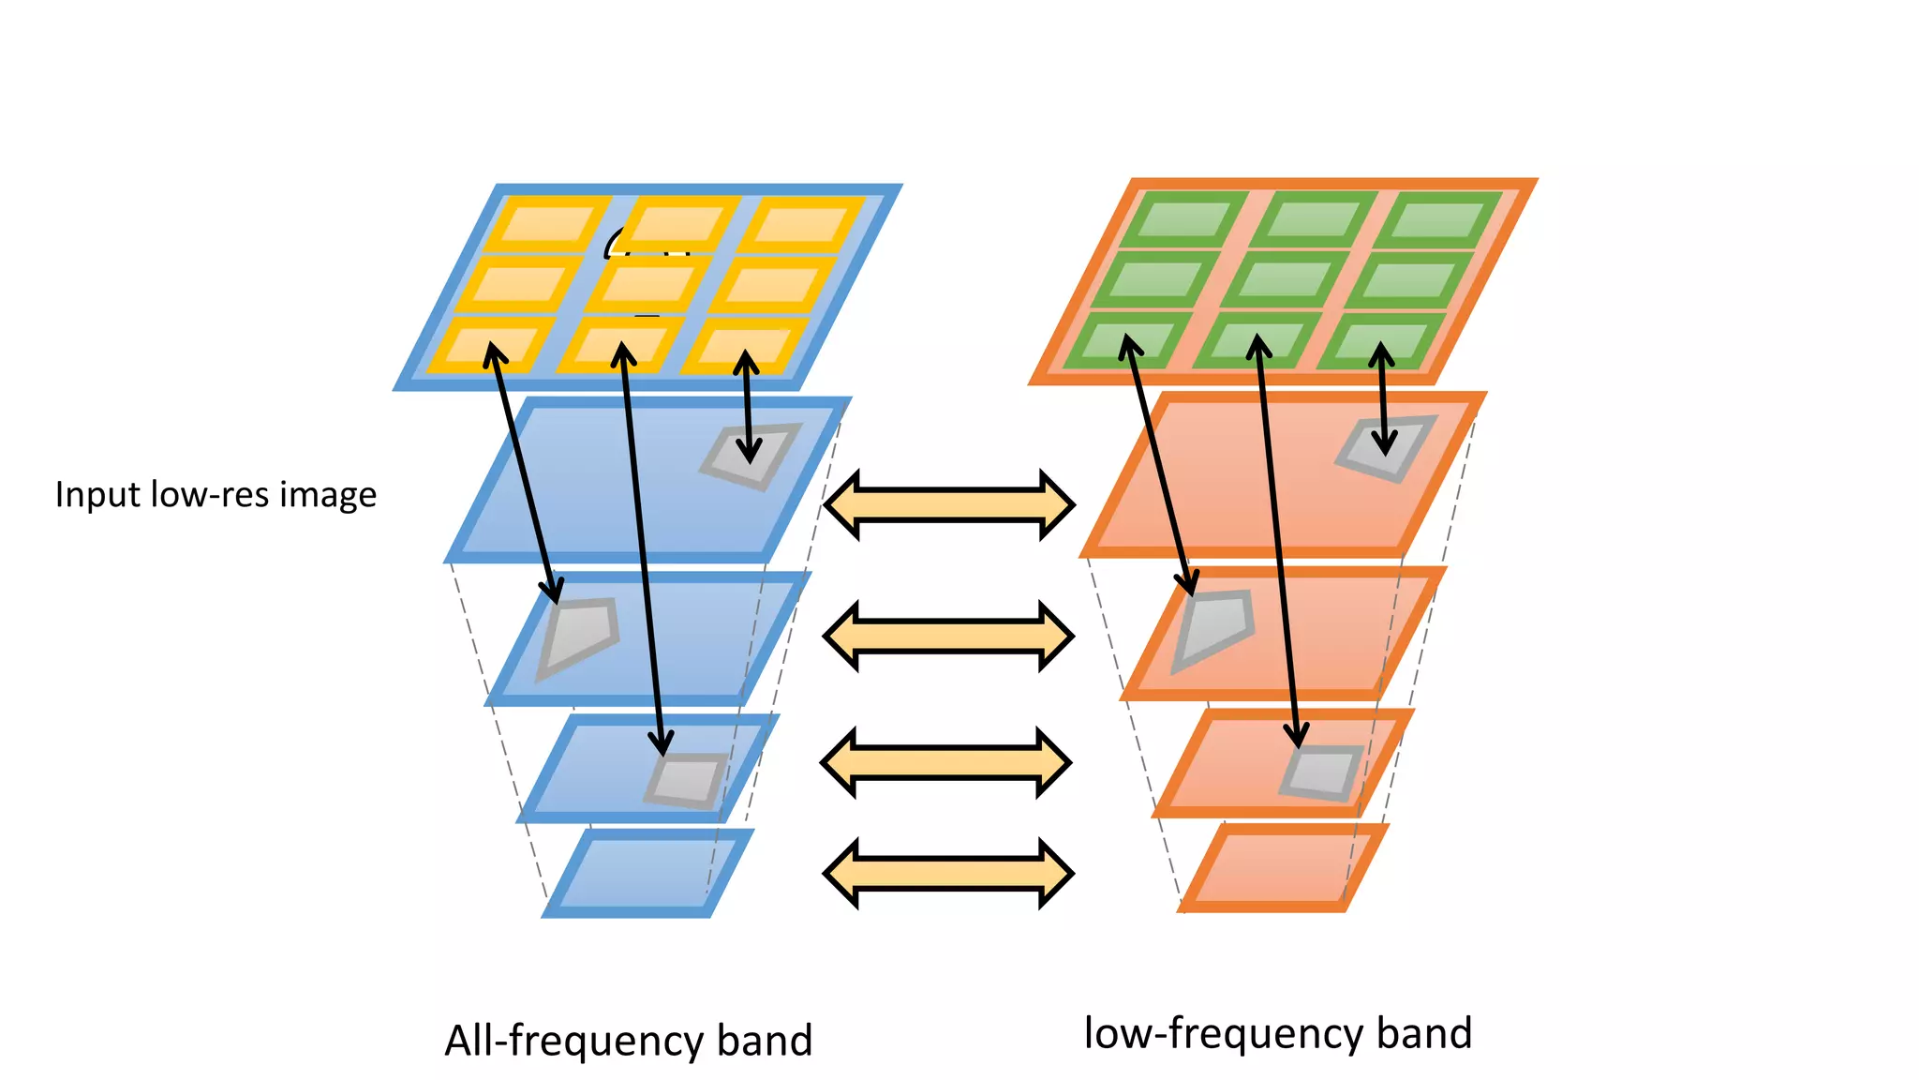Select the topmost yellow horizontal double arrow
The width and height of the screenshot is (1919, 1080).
pos(948,505)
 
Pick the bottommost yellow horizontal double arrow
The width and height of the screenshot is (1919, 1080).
pos(948,873)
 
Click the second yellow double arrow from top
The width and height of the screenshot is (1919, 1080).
pos(948,636)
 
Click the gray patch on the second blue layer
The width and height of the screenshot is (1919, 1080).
pos(579,635)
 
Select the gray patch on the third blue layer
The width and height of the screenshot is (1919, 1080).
pos(687,780)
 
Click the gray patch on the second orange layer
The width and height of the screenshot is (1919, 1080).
pos(1214,625)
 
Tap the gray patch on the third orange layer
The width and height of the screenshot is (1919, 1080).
pos(1322,772)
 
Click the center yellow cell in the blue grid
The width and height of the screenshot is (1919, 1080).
pos(646,284)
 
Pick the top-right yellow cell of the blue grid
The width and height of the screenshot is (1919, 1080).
pos(799,225)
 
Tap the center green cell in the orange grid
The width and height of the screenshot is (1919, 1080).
pos(1285,279)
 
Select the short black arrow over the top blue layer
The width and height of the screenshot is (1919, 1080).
pos(747,406)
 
